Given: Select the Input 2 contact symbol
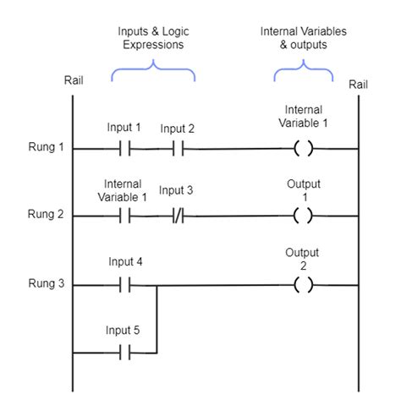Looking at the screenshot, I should pyautogui.click(x=177, y=149).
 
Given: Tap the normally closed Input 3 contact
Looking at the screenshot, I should pyautogui.click(x=177, y=216).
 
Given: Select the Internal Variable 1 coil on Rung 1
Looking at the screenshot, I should pyautogui.click(x=303, y=149).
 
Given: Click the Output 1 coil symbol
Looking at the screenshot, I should pyautogui.click(x=303, y=216).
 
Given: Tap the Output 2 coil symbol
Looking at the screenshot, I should pyautogui.click(x=303, y=285).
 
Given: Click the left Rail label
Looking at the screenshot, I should pyautogui.click(x=73, y=80).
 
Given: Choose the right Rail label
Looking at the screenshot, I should pyautogui.click(x=358, y=84).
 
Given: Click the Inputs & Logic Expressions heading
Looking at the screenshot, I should pyautogui.click(x=153, y=38).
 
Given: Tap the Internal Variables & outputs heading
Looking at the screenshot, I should pyautogui.click(x=303, y=38).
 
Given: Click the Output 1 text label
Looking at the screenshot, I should pyautogui.click(x=303, y=189).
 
